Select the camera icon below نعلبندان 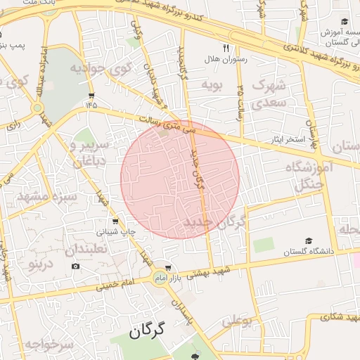click(76, 266)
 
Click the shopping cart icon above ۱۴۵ click(91, 95)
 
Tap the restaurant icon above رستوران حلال click(226, 49)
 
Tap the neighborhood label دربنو click(40, 264)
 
